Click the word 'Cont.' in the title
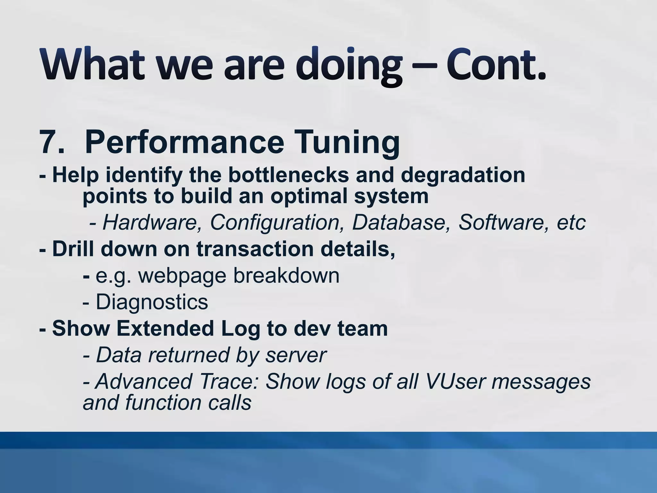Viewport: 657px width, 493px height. pos(496,64)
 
